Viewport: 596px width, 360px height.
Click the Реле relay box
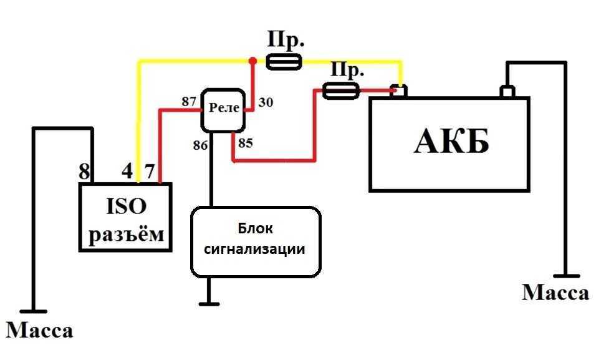(223, 110)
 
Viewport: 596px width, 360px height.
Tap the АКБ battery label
(451, 141)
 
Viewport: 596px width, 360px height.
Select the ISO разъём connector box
(125, 217)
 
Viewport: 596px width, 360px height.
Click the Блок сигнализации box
(256, 242)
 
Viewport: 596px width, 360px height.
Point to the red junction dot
(252, 61)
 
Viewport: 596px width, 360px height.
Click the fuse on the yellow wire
(284, 62)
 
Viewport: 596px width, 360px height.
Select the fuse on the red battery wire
(340, 91)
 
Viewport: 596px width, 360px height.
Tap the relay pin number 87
(189, 101)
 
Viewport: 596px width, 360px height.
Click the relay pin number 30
(266, 102)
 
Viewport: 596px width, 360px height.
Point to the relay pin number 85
(246, 143)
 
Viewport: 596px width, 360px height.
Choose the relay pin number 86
(200, 145)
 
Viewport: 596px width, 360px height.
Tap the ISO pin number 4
(127, 170)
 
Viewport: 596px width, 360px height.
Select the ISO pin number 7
(150, 171)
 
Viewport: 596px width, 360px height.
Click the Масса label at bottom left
(39, 330)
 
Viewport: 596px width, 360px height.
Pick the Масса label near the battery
(555, 293)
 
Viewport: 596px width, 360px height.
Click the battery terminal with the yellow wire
(398, 91)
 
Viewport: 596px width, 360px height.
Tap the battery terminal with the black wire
(507, 91)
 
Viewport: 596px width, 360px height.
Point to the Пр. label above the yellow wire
(286, 39)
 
